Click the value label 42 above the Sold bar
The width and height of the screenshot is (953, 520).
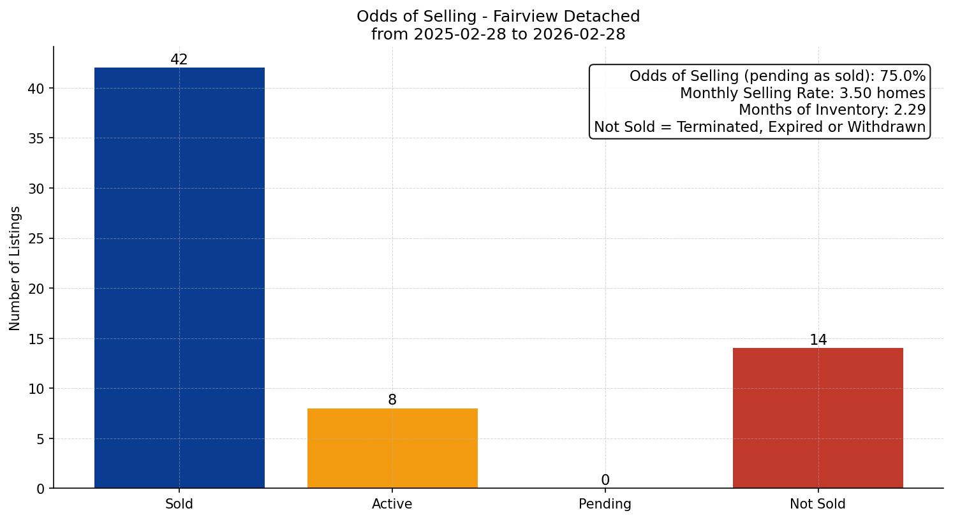click(x=179, y=60)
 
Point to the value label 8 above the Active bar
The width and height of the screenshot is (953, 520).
click(x=392, y=400)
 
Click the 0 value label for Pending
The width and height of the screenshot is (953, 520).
click(x=605, y=480)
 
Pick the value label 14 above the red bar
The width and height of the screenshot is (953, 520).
click(x=818, y=340)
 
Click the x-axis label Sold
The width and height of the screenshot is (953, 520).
click(x=179, y=504)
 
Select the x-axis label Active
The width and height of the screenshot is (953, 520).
click(x=392, y=504)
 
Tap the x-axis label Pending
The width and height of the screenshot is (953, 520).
click(x=605, y=504)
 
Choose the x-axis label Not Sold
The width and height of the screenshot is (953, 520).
click(x=818, y=504)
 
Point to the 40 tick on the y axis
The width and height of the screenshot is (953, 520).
click(x=36, y=89)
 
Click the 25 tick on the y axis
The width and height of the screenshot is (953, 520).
click(x=36, y=239)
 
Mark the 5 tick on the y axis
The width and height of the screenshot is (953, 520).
click(x=40, y=439)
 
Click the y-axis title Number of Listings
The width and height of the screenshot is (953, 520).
click(x=15, y=268)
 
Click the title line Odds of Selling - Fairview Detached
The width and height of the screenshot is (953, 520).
click(x=498, y=17)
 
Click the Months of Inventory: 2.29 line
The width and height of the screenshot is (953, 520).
click(x=832, y=110)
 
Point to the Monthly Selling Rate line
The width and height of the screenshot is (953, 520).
click(x=802, y=93)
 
